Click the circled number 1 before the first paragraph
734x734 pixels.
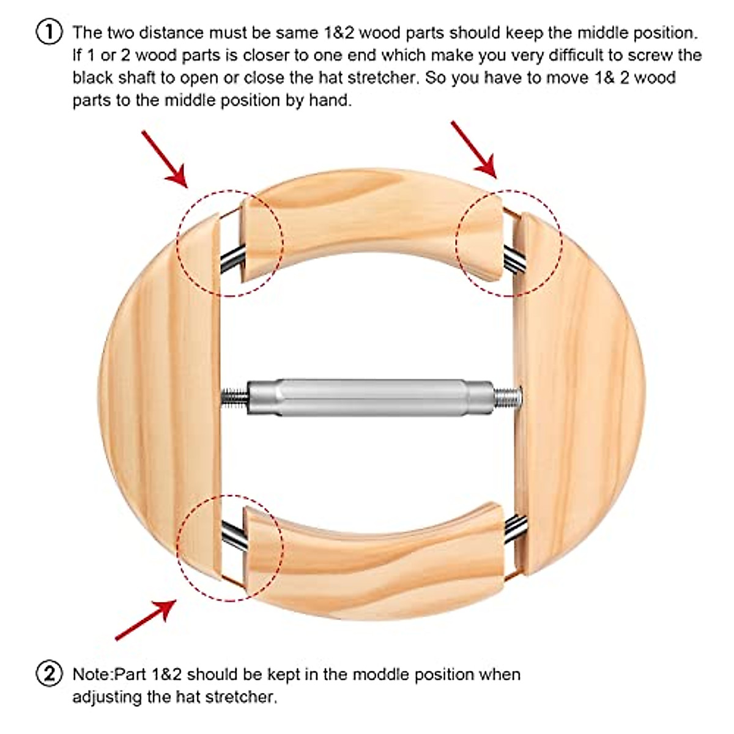50,32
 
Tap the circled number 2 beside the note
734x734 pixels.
50,674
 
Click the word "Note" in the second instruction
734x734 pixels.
92,675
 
